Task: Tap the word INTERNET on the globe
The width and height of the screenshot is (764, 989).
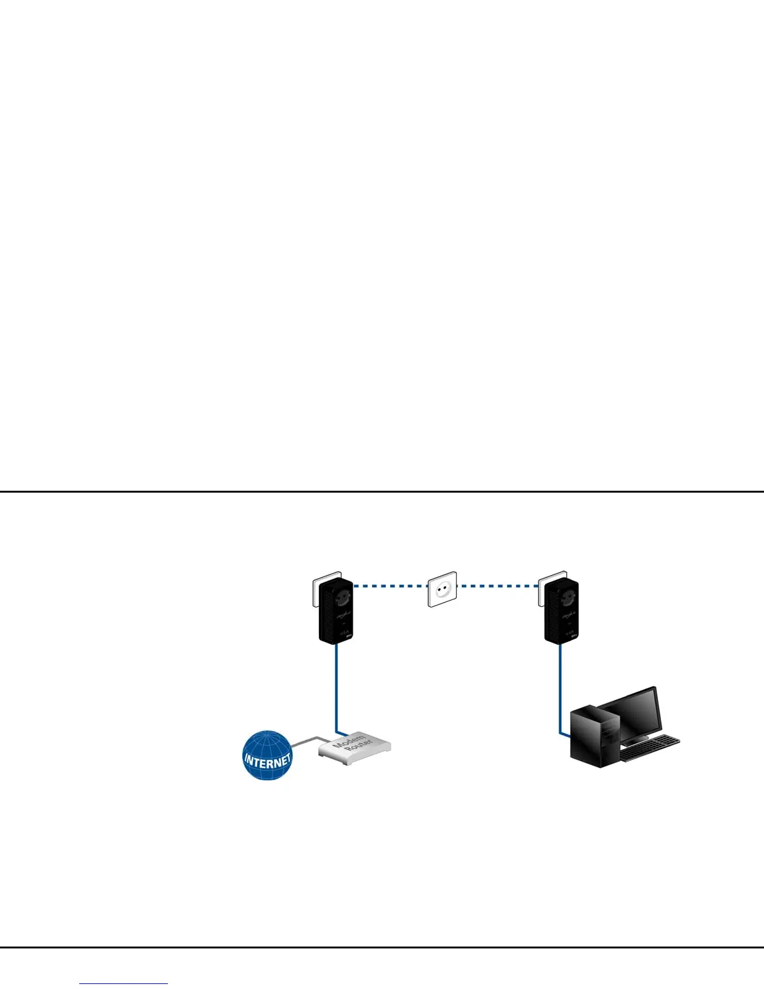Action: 267,760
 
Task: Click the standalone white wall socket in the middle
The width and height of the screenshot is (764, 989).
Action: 442,588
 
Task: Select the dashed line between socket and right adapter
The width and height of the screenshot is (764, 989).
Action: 498,586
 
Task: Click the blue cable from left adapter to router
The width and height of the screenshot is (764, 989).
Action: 337,687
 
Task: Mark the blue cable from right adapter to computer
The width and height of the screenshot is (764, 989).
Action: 560,687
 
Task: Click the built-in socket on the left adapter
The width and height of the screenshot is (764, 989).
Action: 341,596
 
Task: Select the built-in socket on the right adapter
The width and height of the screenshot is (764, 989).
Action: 567,596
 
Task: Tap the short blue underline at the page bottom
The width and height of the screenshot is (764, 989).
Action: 124,984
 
